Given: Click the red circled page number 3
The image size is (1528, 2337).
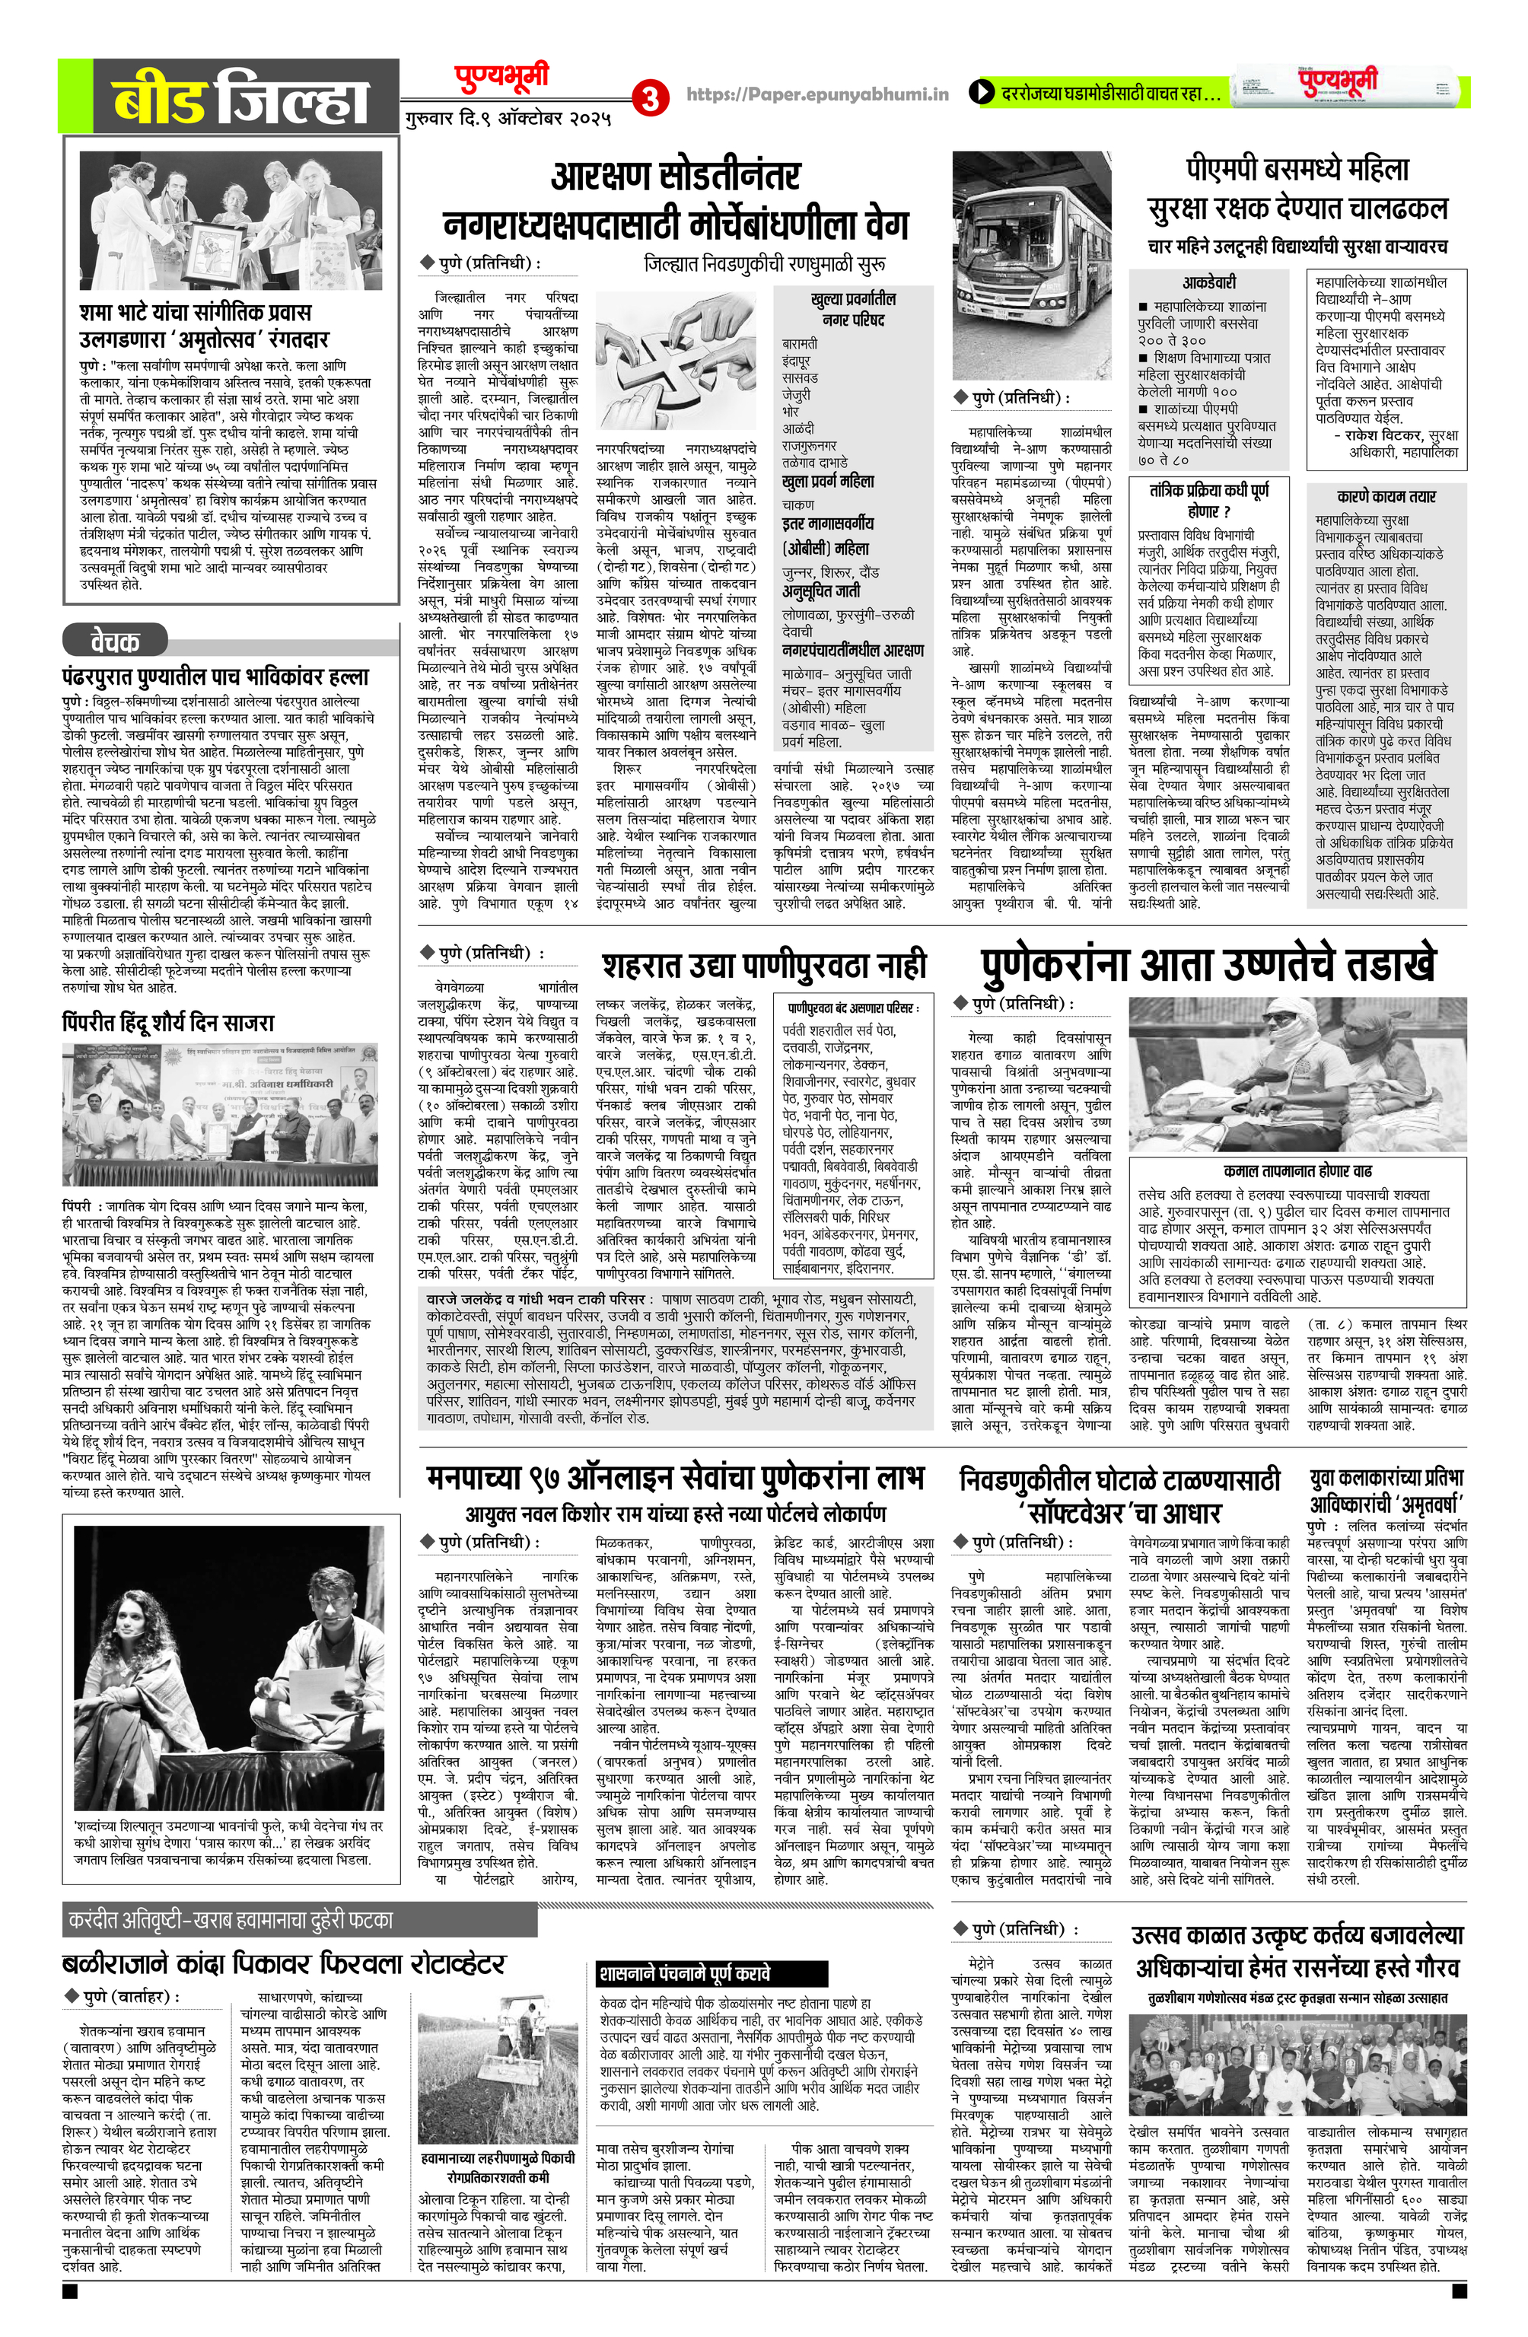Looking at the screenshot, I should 649,97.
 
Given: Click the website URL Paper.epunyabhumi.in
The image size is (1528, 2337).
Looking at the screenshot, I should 817,94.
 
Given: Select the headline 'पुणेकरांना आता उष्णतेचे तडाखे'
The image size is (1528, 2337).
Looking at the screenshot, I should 1208,965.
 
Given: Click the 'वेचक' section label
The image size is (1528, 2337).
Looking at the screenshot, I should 115,642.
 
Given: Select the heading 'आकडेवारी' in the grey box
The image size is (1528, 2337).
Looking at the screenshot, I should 1209,282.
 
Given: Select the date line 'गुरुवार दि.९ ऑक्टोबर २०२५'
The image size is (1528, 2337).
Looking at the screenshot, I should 508,119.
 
